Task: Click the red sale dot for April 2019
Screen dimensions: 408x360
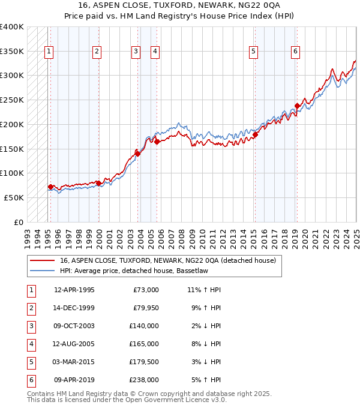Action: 297,106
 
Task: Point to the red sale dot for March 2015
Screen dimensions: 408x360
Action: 255,134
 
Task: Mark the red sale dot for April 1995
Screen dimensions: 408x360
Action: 50,187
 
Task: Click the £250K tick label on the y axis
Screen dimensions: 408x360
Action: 12,100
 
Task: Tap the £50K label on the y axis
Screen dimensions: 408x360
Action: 14,197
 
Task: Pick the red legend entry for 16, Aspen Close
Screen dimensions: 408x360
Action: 167,261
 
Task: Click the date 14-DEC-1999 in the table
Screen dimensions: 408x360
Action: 74,308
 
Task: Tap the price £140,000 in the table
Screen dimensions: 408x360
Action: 144,326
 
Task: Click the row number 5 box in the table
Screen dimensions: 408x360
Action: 31,362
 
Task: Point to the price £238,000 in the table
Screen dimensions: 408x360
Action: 144,380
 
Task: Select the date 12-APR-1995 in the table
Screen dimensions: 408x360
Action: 74,290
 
